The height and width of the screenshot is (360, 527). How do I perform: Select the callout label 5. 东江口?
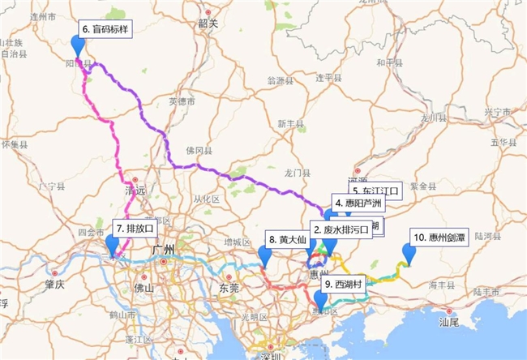(376, 191)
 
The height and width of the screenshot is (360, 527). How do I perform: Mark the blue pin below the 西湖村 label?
(321, 300)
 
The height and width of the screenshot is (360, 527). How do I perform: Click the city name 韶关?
(208, 24)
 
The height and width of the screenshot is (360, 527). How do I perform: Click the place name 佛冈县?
(198, 151)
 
